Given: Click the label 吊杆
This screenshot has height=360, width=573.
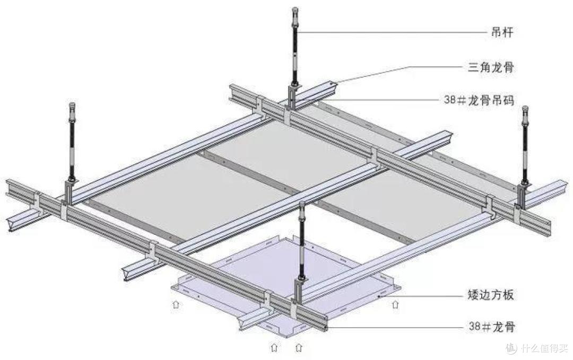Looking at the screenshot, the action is (x=502, y=32).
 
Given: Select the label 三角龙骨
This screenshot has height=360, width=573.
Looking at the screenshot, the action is (x=491, y=67).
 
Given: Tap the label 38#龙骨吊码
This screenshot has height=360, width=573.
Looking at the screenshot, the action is (x=479, y=100).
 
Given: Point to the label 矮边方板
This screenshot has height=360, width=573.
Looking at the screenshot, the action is (x=491, y=294).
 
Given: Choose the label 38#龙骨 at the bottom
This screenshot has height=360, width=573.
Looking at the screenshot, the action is (x=492, y=326).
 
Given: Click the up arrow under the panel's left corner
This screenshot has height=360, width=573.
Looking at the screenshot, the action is (x=176, y=304).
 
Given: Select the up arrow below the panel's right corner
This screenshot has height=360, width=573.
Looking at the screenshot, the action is (x=395, y=304).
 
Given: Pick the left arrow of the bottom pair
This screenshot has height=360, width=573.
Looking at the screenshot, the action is (x=274, y=347).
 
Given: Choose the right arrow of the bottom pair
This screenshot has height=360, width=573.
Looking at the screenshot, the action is (x=299, y=347).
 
